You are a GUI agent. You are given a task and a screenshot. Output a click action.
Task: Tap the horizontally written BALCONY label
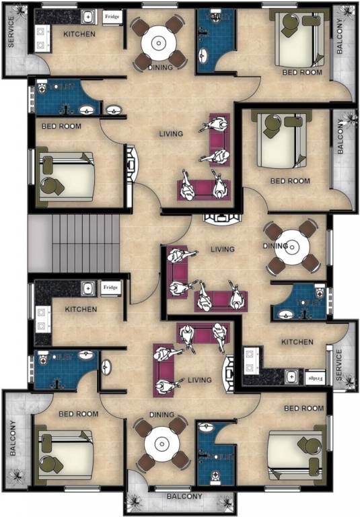tap(180, 497)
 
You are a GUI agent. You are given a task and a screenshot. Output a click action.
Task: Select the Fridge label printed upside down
tap(315, 378)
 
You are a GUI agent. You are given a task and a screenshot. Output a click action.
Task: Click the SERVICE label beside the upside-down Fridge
tap(339, 365)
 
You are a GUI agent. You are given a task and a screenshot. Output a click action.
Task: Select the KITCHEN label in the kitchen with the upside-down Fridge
tap(297, 342)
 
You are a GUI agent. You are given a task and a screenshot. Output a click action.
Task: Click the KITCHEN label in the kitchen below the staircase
tap(81, 310)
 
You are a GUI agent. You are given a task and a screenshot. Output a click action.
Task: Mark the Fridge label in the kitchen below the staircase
tap(111, 288)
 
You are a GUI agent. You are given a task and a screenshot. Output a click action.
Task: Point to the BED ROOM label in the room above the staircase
tap(61, 126)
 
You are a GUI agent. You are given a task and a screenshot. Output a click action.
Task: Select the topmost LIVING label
tap(171, 134)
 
